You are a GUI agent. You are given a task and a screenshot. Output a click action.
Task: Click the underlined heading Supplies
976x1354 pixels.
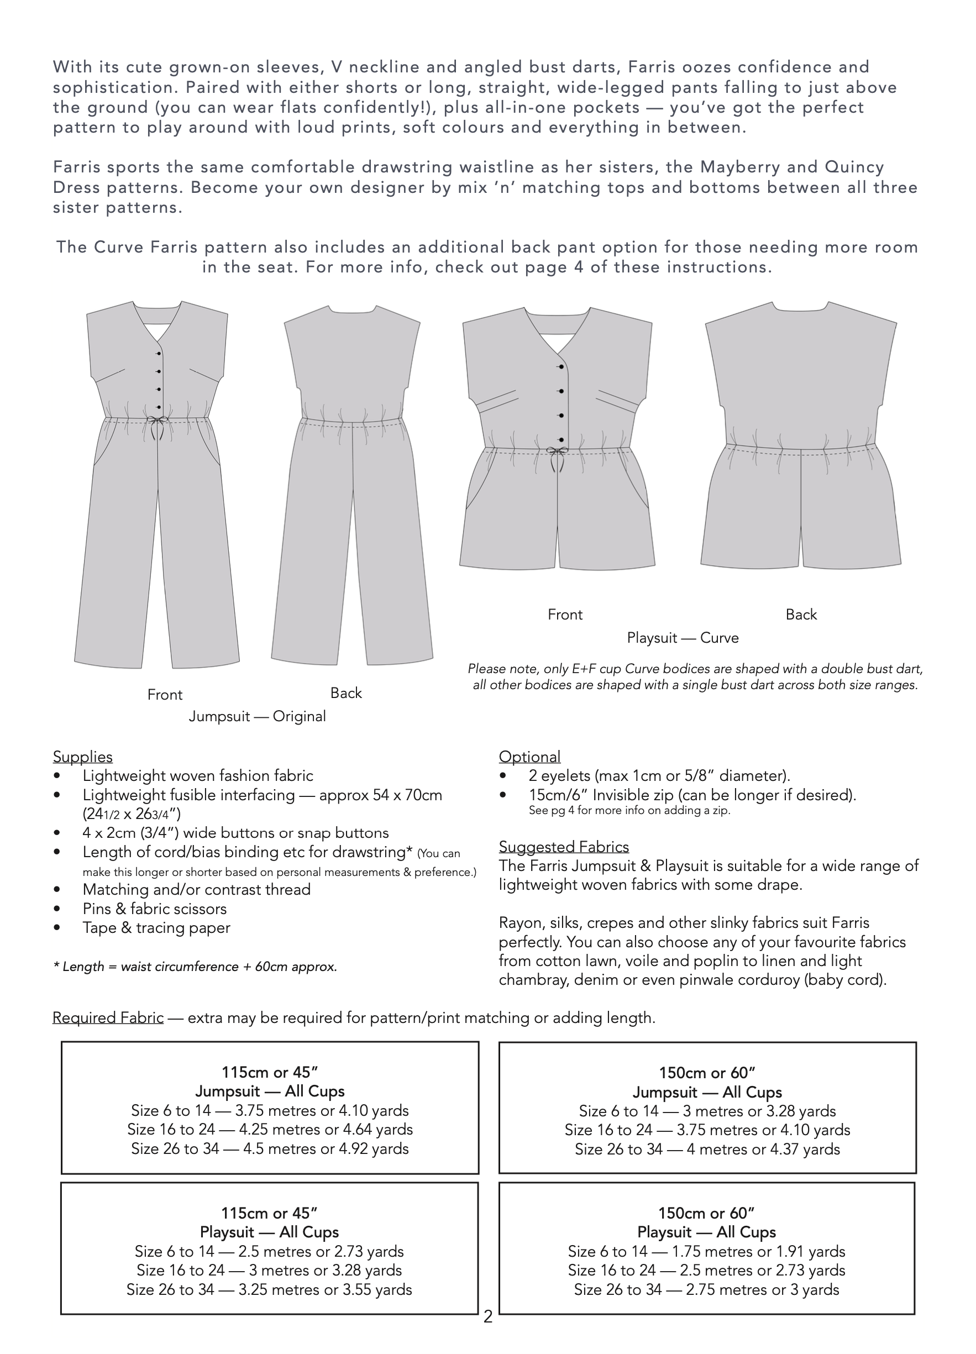click(x=82, y=757)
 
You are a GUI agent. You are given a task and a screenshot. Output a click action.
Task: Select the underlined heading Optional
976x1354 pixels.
click(x=529, y=757)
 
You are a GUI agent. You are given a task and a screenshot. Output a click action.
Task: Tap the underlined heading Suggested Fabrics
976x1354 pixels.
click(x=564, y=847)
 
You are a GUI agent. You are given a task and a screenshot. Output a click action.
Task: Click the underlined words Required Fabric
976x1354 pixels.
click(x=108, y=1017)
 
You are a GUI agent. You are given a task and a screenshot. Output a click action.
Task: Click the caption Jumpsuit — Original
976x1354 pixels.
click(x=258, y=716)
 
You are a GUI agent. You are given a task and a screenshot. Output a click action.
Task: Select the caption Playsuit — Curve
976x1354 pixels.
click(x=683, y=638)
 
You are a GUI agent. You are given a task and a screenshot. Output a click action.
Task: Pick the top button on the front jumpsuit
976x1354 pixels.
click(x=159, y=354)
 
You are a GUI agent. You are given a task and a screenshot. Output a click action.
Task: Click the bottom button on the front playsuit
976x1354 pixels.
click(x=562, y=439)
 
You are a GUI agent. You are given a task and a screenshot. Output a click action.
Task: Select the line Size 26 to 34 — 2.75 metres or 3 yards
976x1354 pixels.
click(x=706, y=1289)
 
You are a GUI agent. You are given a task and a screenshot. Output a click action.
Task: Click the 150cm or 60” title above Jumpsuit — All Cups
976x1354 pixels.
click(x=707, y=1073)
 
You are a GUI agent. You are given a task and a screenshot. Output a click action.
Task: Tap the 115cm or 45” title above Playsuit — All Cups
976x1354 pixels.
click(x=269, y=1213)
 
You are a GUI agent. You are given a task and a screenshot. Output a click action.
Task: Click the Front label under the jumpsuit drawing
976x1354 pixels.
click(x=165, y=694)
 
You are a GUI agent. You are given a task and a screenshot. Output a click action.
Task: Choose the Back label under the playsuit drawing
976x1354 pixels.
click(x=800, y=615)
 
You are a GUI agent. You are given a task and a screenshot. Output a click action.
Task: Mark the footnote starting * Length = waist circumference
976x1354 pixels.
click(x=195, y=967)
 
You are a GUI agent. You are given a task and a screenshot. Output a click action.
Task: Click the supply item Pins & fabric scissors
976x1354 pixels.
click(x=155, y=909)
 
